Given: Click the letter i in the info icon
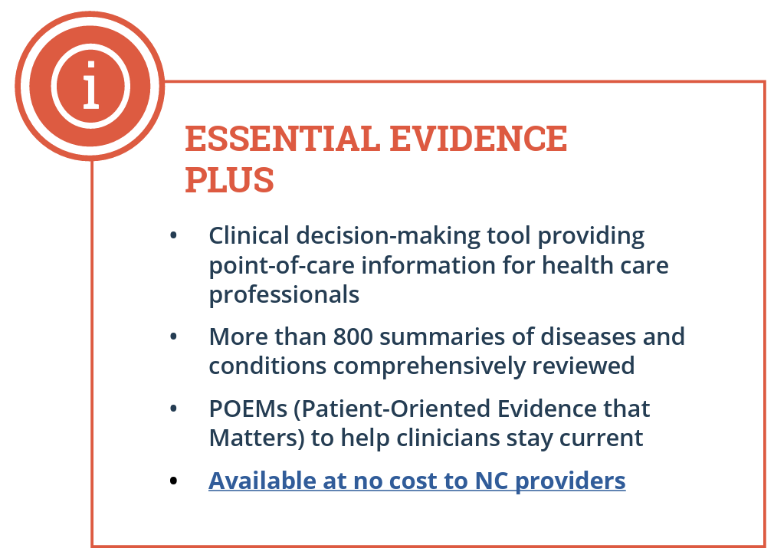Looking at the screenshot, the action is (91, 85).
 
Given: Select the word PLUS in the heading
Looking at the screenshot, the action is (230, 179).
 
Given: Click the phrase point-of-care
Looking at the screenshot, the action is (282, 266).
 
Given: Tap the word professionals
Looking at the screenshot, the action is (284, 296).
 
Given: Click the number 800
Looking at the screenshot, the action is (353, 336).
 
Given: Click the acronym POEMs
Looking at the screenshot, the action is (248, 409).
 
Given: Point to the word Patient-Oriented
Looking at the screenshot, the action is (392, 409).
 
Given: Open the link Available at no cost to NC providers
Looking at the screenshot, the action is (417, 481).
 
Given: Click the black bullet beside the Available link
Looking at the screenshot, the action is (173, 481).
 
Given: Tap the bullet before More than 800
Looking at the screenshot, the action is (173, 336).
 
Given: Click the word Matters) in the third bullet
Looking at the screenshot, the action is (257, 438).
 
